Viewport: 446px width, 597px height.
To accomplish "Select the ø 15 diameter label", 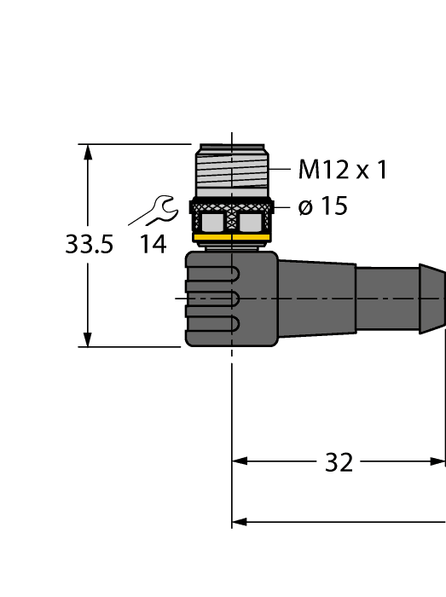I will tap(323, 206).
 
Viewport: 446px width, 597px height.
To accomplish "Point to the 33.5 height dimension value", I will tap(89, 246).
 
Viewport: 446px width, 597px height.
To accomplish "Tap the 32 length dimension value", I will tap(339, 462).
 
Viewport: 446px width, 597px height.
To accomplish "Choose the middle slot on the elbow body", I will tap(213, 298).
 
